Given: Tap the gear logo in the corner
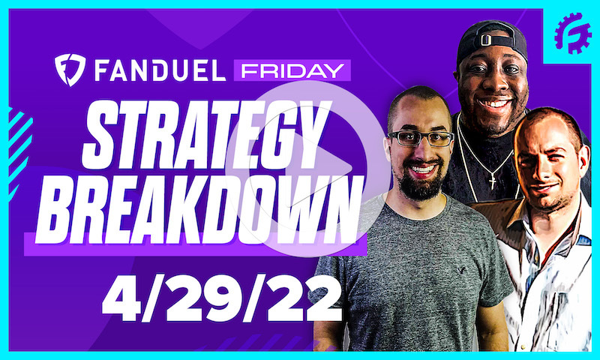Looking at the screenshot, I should click(572, 32).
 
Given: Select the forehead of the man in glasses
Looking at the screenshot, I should click(420, 112).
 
